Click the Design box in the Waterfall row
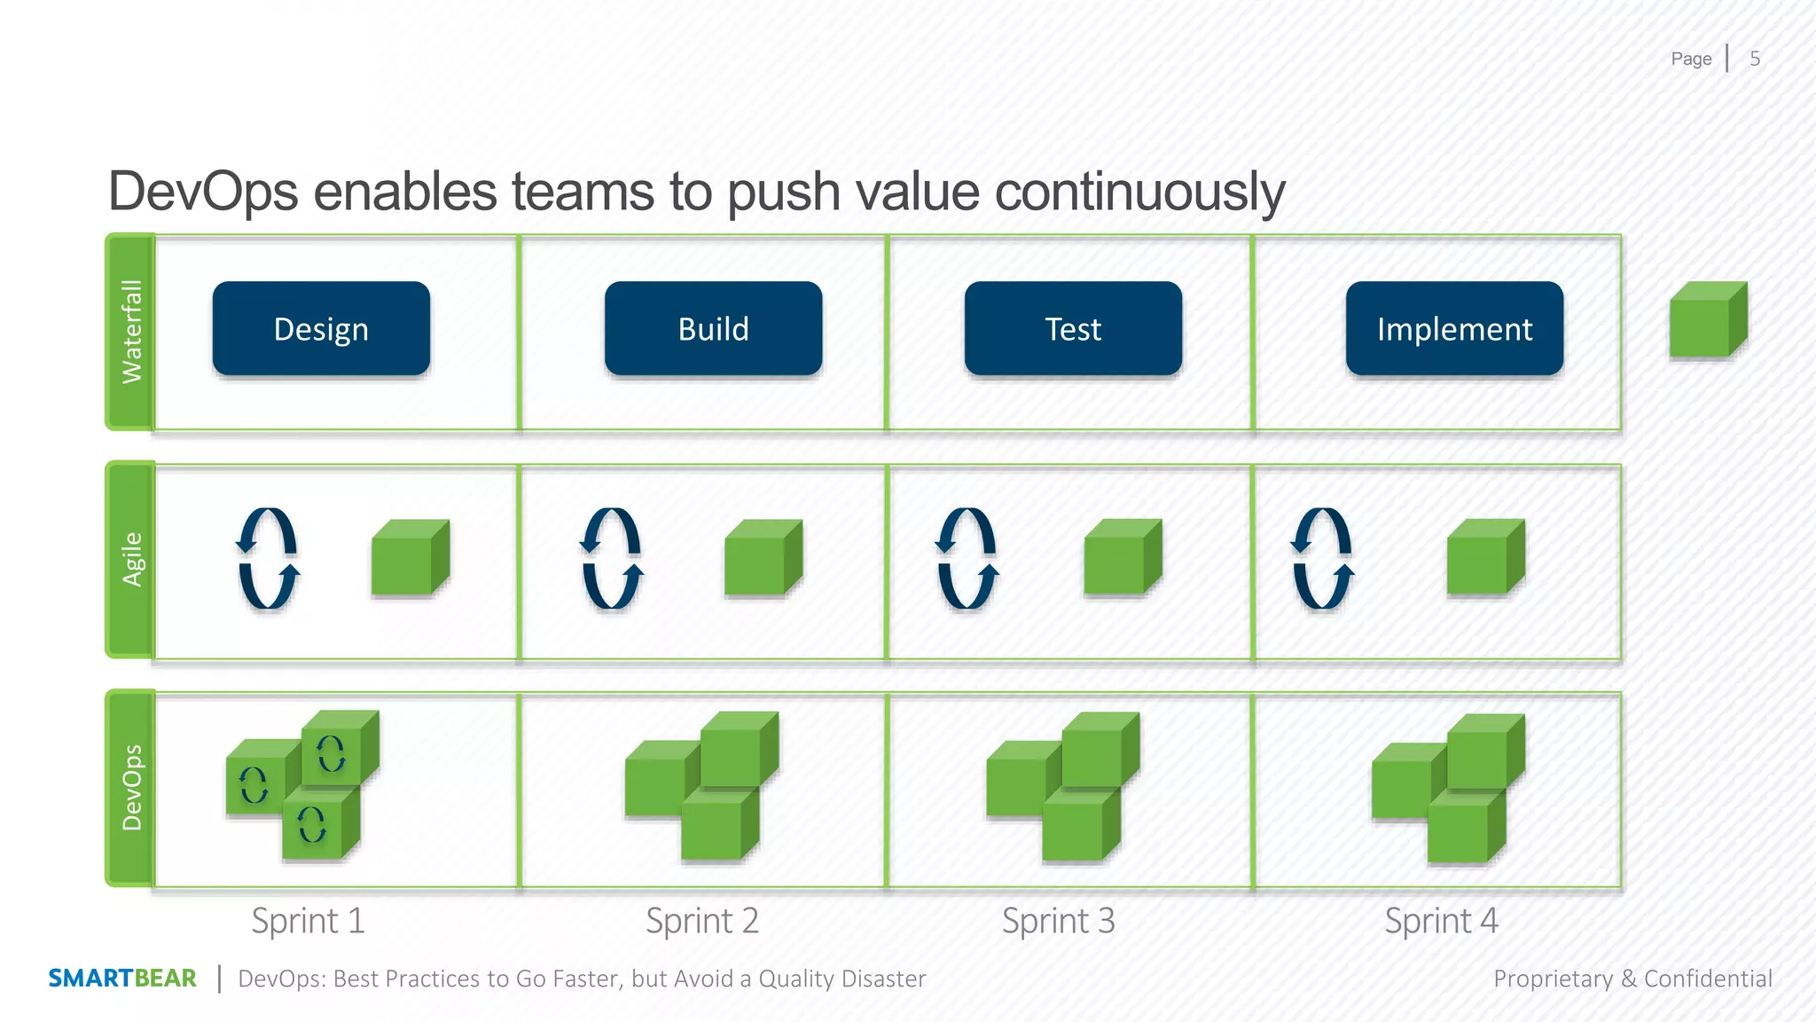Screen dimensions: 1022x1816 [x=321, y=329]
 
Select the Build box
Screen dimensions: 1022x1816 [x=713, y=329]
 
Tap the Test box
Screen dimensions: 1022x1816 [x=1073, y=329]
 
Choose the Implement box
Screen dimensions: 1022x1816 [x=1454, y=329]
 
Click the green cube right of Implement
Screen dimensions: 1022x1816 [x=1707, y=321]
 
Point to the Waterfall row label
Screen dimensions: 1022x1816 [x=131, y=332]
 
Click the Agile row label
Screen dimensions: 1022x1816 [x=131, y=559]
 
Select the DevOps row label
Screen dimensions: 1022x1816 [x=131, y=788]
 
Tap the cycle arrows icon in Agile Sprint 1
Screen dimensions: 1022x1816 [x=268, y=558]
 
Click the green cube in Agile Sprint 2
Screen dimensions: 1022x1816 [x=763, y=558]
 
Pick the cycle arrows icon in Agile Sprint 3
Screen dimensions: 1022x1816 [x=967, y=558]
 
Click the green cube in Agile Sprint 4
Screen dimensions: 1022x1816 [x=1485, y=558]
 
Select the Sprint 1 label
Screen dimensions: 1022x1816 [x=308, y=921]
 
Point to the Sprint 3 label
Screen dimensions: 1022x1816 [x=1058, y=921]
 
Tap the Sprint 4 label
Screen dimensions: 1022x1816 [x=1441, y=921]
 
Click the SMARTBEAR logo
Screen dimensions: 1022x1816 [x=122, y=979]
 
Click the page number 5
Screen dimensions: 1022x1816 [x=1755, y=59]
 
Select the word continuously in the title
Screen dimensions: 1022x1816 [x=1139, y=192]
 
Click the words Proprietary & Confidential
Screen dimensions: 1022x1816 [x=1632, y=979]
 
